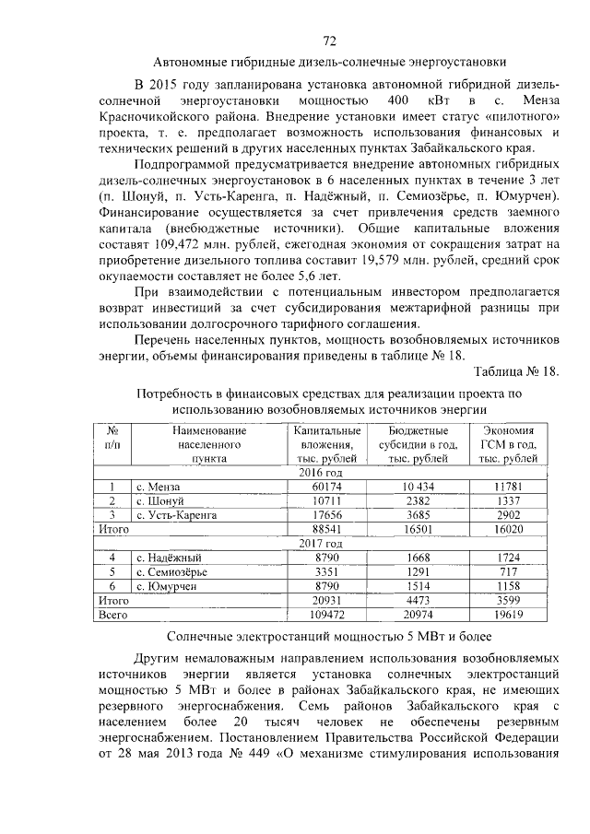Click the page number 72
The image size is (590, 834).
(x=329, y=40)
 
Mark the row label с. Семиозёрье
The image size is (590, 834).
(x=171, y=571)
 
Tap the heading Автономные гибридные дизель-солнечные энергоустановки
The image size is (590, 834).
(x=329, y=64)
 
